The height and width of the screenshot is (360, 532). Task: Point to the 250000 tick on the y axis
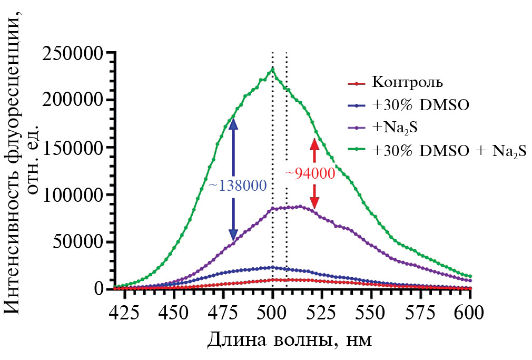73,53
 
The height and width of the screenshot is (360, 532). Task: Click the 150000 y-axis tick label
73,148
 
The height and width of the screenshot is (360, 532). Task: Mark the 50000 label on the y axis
78,242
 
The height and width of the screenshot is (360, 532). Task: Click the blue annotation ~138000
237,186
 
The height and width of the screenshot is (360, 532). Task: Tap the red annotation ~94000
310,173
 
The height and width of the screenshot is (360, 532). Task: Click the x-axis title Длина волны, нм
289,339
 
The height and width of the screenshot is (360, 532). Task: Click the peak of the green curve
272,68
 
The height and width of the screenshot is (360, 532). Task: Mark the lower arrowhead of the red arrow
314,202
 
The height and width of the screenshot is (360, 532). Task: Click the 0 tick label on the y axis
99,289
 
